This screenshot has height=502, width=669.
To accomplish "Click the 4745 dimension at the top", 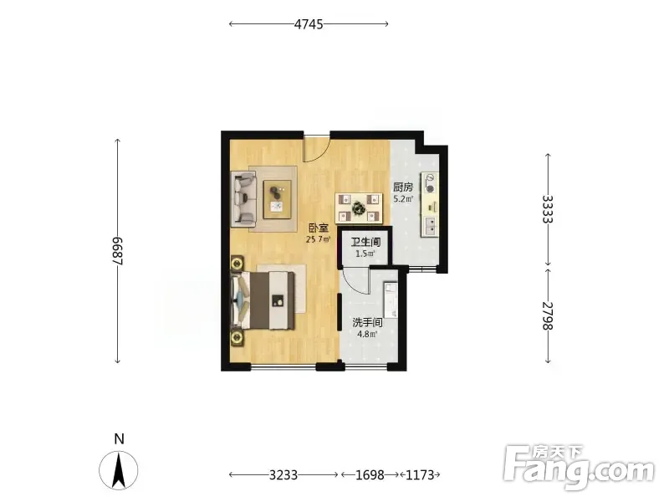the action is [x=309, y=24].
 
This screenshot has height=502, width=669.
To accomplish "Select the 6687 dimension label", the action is [x=118, y=250].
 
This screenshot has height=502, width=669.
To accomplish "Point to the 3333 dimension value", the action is [x=548, y=209].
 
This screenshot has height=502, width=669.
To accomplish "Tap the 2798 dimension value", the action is [x=548, y=316].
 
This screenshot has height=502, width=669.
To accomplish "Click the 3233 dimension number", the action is [x=283, y=474].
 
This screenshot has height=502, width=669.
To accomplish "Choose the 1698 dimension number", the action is [x=370, y=474].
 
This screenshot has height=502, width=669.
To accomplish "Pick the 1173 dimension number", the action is [x=420, y=474].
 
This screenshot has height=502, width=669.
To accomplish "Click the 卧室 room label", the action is [x=319, y=228].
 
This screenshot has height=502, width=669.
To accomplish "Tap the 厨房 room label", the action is [x=403, y=187].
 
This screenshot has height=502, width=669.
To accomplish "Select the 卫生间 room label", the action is [x=365, y=243].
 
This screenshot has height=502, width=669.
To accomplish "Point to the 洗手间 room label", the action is [x=367, y=323].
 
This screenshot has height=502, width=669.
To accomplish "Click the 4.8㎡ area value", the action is [x=367, y=334].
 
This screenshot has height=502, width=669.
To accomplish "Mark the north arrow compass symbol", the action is [x=119, y=469].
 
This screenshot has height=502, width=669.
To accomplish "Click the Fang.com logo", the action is [x=578, y=467].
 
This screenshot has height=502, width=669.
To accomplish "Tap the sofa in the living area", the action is [x=243, y=199].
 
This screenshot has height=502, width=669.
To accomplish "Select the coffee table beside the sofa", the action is [x=278, y=199].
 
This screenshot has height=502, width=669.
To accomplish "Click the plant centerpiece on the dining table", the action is [x=358, y=208].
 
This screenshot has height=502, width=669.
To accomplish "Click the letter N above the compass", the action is [x=119, y=438].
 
